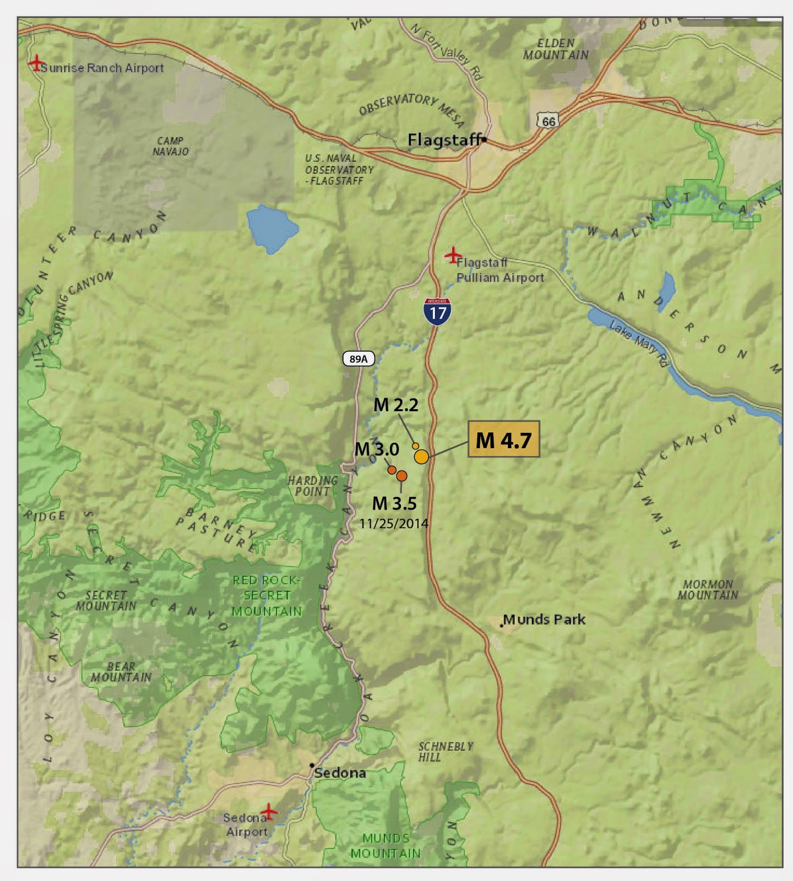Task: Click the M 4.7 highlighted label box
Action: pyautogui.click(x=503, y=439)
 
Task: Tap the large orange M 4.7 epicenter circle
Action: pyautogui.click(x=421, y=456)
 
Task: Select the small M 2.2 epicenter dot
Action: pyautogui.click(x=415, y=446)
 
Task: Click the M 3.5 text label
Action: pyautogui.click(x=394, y=503)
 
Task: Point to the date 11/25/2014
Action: pyautogui.click(x=394, y=524)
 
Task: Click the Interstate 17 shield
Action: pyautogui.click(x=438, y=312)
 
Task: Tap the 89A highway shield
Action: pyautogui.click(x=359, y=359)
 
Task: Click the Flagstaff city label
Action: pyautogui.click(x=444, y=140)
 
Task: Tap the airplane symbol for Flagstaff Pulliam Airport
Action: pyautogui.click(x=453, y=255)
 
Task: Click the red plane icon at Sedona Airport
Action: pyautogui.click(x=268, y=811)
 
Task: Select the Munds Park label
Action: pyautogui.click(x=544, y=619)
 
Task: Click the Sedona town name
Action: pyautogui.click(x=340, y=773)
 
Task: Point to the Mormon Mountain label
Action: pyautogui.click(x=708, y=590)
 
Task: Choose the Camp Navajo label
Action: pyautogui.click(x=170, y=146)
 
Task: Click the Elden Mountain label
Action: pyautogui.click(x=556, y=49)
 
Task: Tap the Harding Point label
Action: pyautogui.click(x=312, y=486)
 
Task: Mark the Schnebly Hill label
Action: pyautogui.click(x=445, y=752)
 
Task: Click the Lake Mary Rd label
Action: pyautogui.click(x=639, y=344)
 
